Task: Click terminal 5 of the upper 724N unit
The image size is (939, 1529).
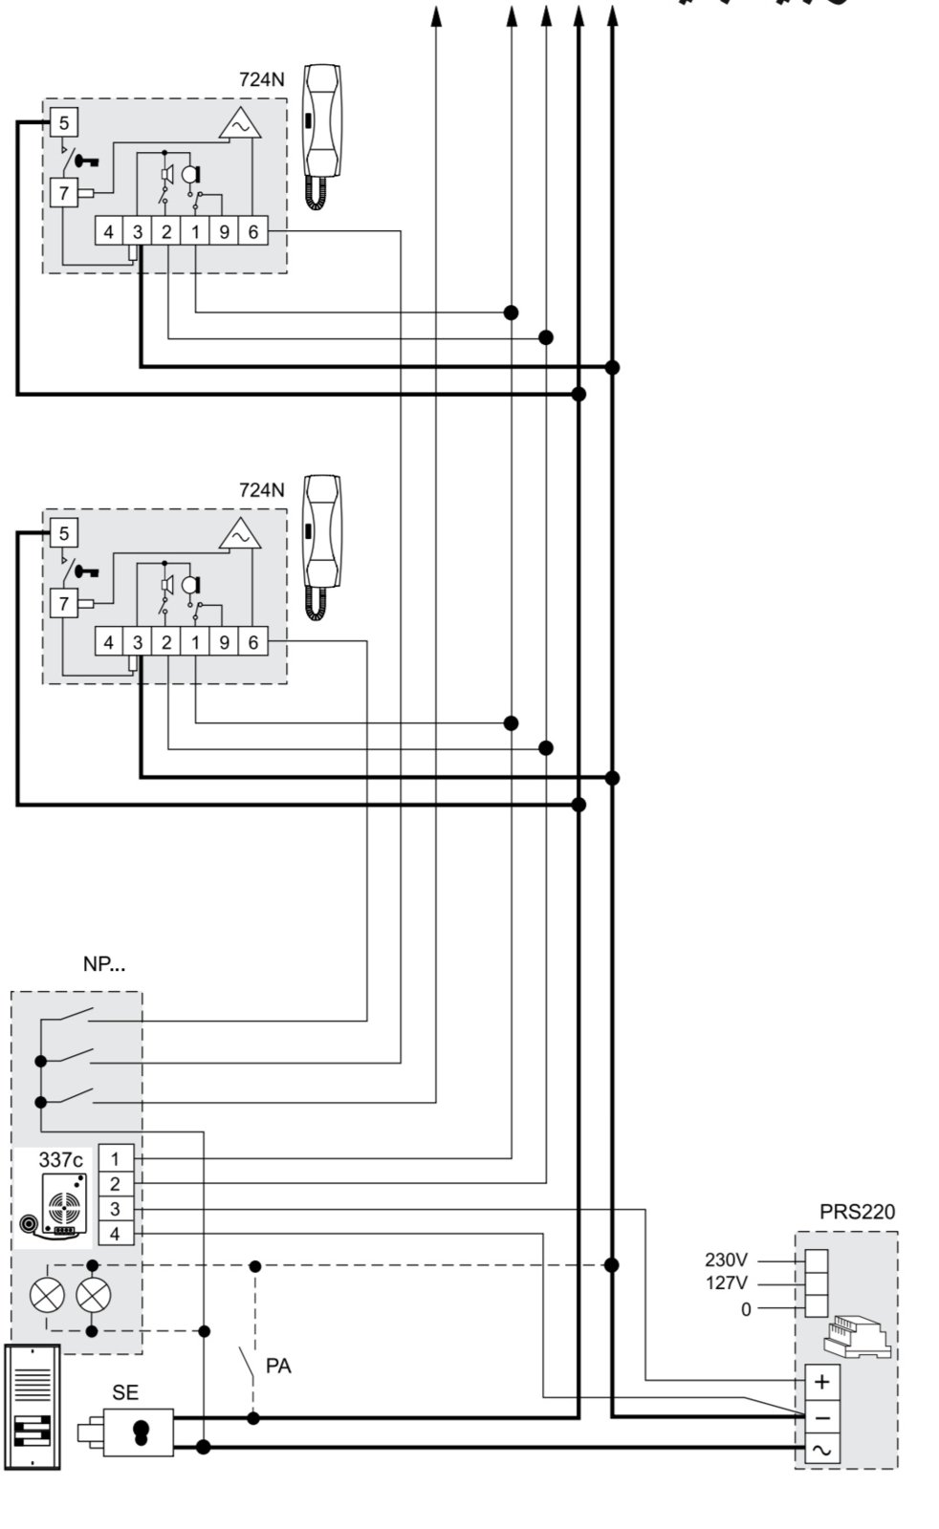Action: coord(64,122)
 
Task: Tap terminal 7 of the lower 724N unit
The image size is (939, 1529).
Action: coord(64,604)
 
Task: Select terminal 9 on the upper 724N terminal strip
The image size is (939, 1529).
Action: coord(224,231)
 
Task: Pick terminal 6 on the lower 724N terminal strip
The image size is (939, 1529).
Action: coord(253,642)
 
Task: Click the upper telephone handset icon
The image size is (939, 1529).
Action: coord(323,134)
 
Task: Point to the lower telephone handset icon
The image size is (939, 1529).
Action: coord(322,545)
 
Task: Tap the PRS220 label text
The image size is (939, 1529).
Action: coord(857,1212)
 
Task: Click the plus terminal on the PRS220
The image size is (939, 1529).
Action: coord(822,1382)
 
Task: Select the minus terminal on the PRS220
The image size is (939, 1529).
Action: coord(822,1417)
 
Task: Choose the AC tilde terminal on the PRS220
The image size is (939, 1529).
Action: coord(822,1451)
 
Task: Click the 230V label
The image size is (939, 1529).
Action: coord(726,1260)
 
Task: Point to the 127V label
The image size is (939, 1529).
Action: coord(726,1283)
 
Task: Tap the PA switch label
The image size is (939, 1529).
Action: coord(278,1367)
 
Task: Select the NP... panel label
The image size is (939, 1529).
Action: coord(103,964)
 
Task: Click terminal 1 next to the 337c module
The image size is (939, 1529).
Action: coord(115,1159)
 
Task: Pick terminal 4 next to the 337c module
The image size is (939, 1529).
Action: coord(115,1234)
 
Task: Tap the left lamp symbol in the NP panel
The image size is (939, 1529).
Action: coord(48,1297)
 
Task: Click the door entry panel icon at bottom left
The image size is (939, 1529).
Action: coord(33,1407)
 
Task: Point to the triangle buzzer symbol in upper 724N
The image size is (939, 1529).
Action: coord(239,124)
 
